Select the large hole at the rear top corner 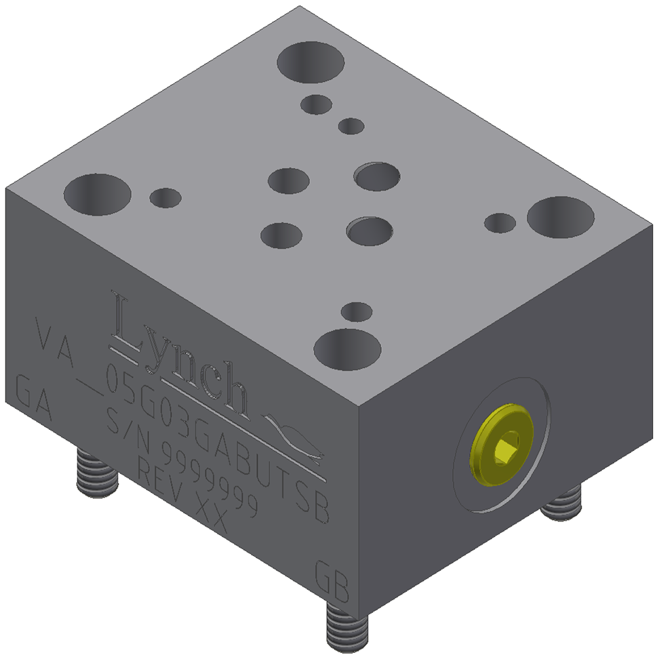pos(311,62)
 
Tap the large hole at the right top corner pos(560,216)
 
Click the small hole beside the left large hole pos(165,198)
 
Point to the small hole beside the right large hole pos(500,222)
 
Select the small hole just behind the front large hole pos(356,312)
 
